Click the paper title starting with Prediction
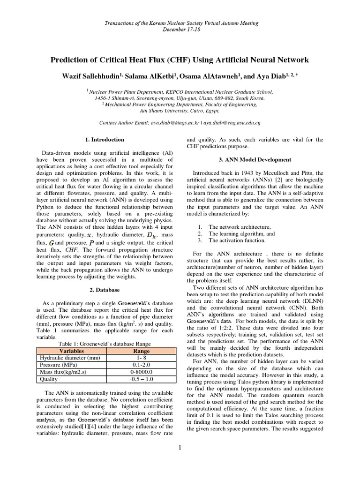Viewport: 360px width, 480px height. pos(180,60)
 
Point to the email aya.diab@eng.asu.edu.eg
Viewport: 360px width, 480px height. pos(232,122)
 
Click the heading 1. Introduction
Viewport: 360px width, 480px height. pos(105,139)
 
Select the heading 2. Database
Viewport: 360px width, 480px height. pos(105,290)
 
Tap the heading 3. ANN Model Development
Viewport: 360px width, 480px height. pos(255,160)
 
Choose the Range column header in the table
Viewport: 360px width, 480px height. pos(141,351)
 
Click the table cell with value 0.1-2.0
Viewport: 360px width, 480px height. pos(141,365)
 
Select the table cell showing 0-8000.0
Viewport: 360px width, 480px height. pos(141,372)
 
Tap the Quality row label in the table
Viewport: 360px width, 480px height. pos(49,379)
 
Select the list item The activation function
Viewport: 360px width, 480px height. pos(237,240)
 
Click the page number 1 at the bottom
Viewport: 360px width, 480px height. pos(180,448)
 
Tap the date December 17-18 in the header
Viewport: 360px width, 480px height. pos(180,29)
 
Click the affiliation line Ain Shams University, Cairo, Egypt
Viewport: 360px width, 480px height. pos(180,111)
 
